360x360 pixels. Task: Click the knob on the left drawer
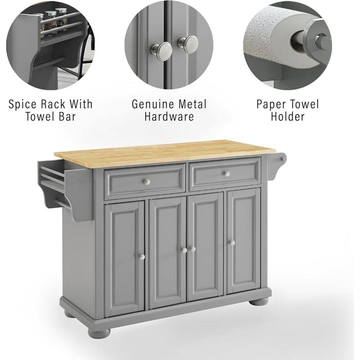(146, 181)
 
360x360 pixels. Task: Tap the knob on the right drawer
(226, 174)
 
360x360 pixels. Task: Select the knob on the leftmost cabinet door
(141, 256)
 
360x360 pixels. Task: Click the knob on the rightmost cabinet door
(232, 243)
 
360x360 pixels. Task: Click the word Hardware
(169, 117)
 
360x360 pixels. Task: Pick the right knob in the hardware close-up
(189, 43)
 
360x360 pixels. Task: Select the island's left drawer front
(144, 181)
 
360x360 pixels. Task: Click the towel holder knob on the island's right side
(283, 157)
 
